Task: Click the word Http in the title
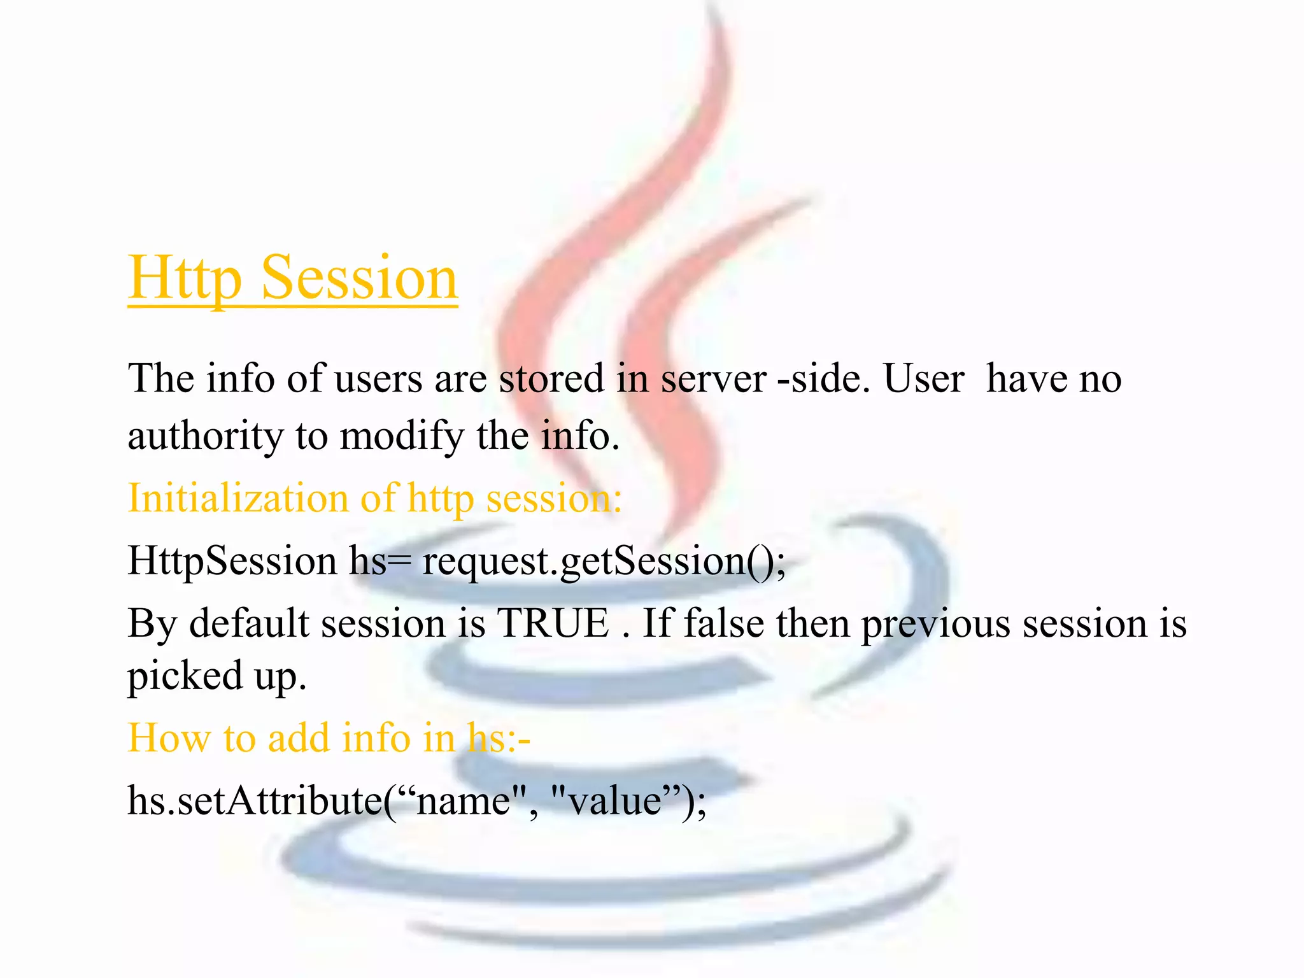(x=185, y=278)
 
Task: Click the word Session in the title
(x=359, y=278)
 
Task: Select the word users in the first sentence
(x=378, y=379)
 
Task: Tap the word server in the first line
(x=713, y=379)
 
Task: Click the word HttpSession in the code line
(x=232, y=561)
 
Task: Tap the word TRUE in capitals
(x=553, y=623)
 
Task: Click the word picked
(x=185, y=676)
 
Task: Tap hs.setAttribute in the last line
(x=255, y=800)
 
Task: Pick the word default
(x=249, y=623)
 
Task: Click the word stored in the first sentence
(x=551, y=379)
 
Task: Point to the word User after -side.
(x=924, y=379)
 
